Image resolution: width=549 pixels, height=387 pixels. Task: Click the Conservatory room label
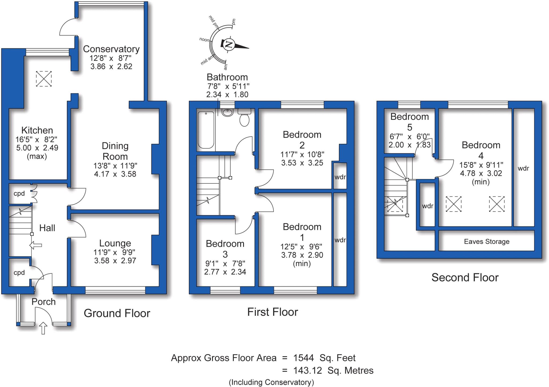pyautogui.click(x=111, y=49)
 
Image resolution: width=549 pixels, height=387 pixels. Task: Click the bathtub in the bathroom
pyautogui.click(x=206, y=130)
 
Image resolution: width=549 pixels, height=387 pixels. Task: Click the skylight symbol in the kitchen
pyautogui.click(x=44, y=79)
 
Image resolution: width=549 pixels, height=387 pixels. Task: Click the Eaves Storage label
pyautogui.click(x=487, y=242)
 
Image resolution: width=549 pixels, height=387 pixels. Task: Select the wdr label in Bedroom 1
pyautogui.click(x=340, y=240)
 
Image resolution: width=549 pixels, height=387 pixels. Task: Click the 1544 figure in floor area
pyautogui.click(x=303, y=358)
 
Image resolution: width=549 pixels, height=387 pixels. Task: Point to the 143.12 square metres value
pyautogui.click(x=307, y=370)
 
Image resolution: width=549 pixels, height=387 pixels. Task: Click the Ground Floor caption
pyautogui.click(x=117, y=313)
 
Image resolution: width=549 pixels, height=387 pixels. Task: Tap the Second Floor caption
pyautogui.click(x=465, y=277)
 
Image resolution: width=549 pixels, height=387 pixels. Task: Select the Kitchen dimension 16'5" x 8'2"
pyautogui.click(x=37, y=139)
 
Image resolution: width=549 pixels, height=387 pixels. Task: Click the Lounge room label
pyautogui.click(x=115, y=243)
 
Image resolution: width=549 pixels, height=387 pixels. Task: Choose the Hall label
pyautogui.click(x=47, y=228)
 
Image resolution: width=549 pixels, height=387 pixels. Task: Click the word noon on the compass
pyautogui.click(x=204, y=40)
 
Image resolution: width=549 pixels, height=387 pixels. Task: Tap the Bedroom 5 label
pyautogui.click(x=409, y=122)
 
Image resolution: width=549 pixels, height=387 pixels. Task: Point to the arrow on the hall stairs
pyautogui.click(x=36, y=245)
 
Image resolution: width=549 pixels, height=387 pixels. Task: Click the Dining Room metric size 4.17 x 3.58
pyautogui.click(x=115, y=174)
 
